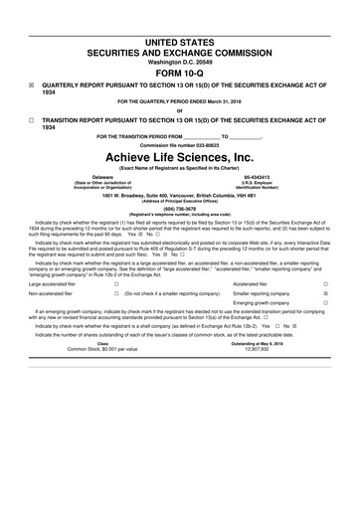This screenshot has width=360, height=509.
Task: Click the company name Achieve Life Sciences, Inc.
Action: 179,158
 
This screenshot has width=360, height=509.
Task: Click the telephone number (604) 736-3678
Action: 179,208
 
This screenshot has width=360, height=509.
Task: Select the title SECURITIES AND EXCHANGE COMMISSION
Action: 179,37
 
